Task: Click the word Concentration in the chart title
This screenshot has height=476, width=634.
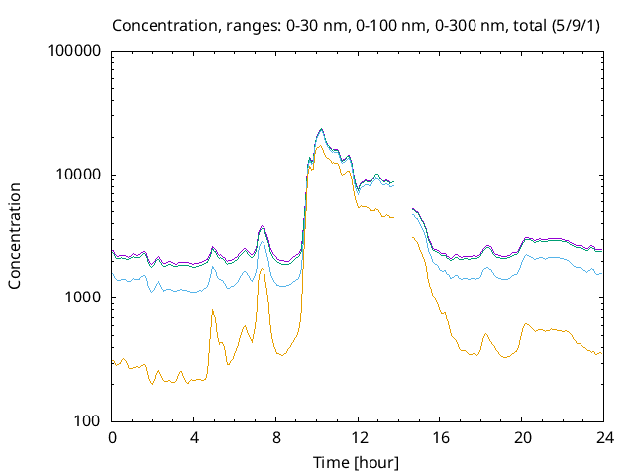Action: pos(159,25)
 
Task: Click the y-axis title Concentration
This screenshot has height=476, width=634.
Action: pos(16,235)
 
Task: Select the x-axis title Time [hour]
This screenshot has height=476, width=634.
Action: pos(357,462)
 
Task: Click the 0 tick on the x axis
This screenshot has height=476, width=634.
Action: pos(112,437)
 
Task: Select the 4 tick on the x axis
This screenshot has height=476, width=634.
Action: pos(194,437)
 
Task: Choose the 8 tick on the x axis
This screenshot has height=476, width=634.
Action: pos(276,437)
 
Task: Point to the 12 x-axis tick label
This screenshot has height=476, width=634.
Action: pos(358,437)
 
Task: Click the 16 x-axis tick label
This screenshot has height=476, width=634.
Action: pos(440,437)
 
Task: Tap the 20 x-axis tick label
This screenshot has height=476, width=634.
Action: pos(522,437)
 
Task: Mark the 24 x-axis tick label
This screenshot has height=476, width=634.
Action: pos(604,437)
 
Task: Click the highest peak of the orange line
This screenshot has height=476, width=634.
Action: pos(319,146)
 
